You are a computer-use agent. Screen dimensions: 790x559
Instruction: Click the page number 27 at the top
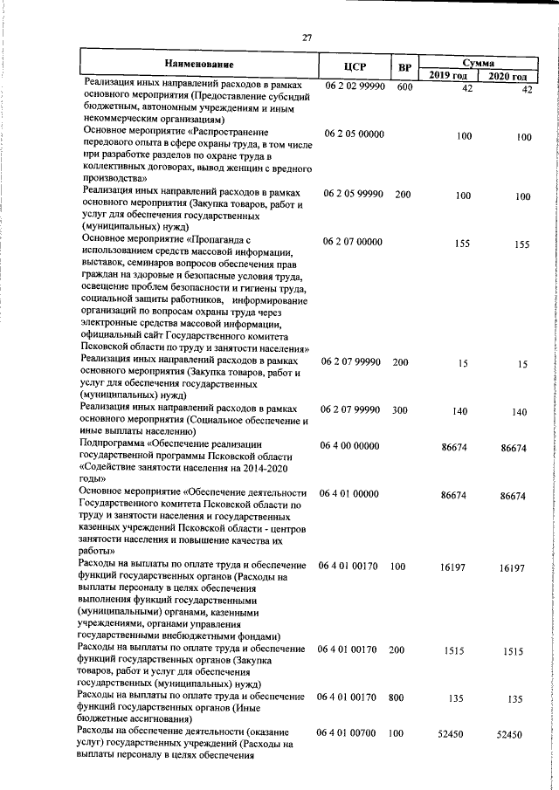(307, 37)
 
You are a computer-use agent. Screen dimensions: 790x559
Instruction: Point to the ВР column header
(404, 67)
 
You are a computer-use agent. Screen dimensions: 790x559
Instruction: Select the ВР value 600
(403, 88)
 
